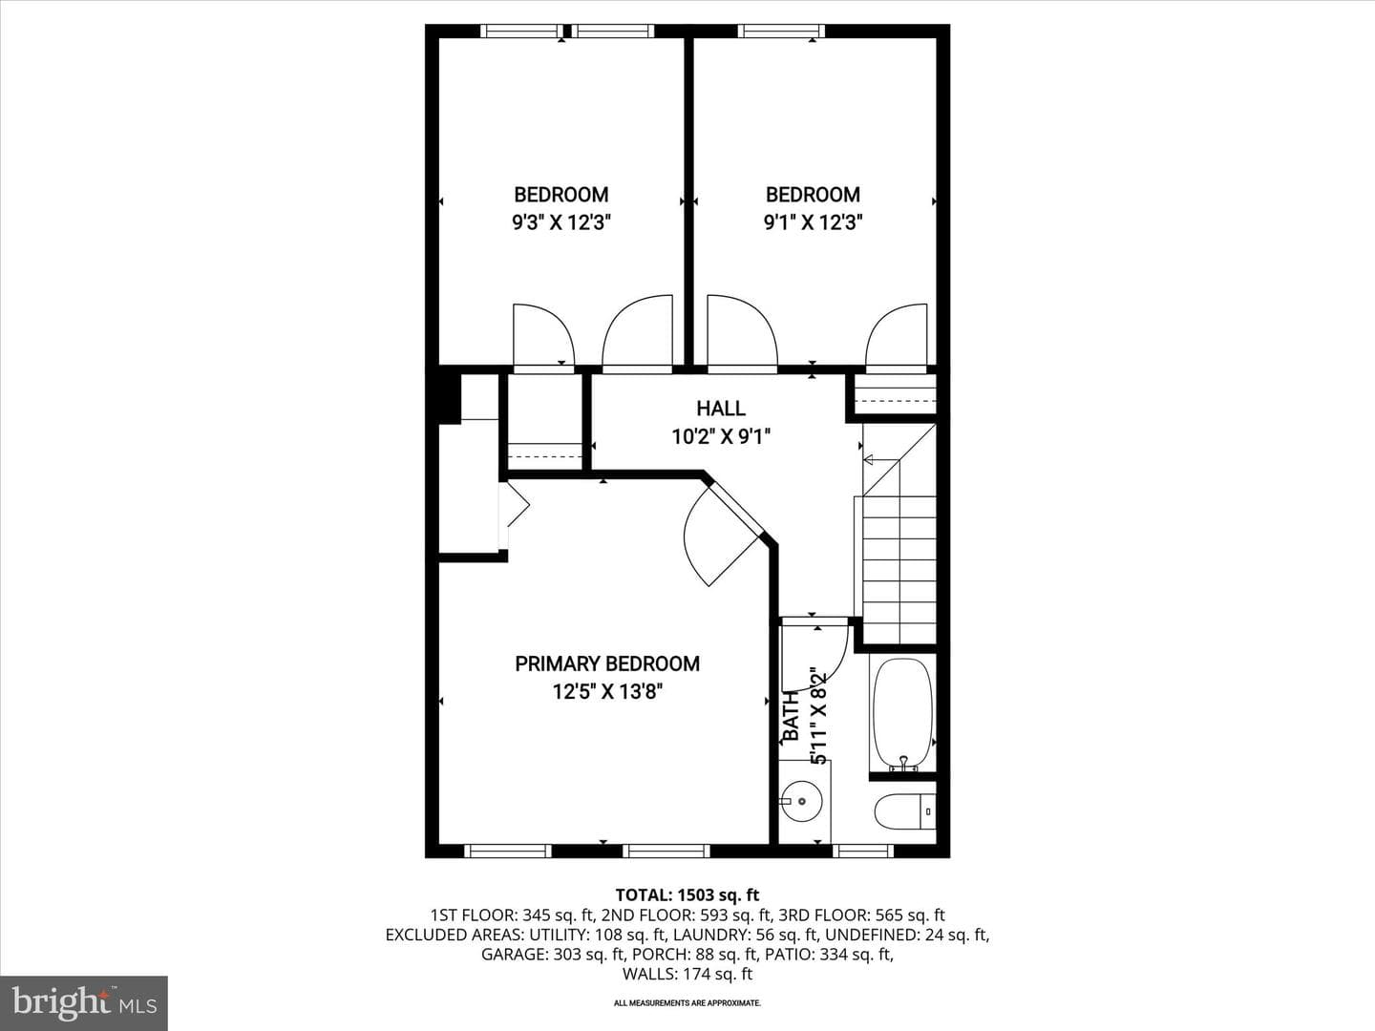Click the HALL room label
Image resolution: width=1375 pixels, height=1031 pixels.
(721, 409)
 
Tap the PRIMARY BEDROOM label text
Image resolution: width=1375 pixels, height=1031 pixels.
(607, 663)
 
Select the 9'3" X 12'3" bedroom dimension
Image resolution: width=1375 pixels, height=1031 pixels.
(561, 222)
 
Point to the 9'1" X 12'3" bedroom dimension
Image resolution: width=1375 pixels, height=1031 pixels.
(814, 222)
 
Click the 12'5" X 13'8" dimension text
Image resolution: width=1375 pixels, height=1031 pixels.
(607, 692)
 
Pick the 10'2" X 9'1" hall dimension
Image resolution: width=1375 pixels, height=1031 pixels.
(721, 436)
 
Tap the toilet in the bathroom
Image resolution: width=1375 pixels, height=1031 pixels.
(904, 811)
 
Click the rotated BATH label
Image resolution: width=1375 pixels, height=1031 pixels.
(792, 717)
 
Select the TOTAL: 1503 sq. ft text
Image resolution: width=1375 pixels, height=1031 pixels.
(687, 894)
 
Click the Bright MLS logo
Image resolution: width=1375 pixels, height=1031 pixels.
(84, 1002)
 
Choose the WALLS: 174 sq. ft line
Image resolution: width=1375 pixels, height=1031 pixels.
(687, 974)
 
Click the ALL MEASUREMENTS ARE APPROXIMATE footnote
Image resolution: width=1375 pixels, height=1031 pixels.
(687, 1002)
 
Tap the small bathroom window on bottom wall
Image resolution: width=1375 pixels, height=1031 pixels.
(862, 851)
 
